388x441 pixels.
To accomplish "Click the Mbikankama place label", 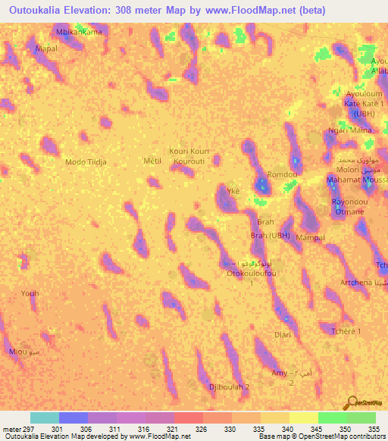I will coord(79,33).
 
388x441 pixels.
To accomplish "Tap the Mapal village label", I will coord(47,48).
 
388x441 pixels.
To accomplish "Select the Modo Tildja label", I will coord(86,162).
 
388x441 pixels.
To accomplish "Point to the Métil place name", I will coord(152,161).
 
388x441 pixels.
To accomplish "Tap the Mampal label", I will coord(310,238).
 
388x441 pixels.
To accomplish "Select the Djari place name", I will coord(282,334).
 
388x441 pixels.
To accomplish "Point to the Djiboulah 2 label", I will coord(229,387).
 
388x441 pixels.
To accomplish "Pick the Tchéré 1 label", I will coord(346,332).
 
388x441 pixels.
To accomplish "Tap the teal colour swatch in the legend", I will coord(45,418).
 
